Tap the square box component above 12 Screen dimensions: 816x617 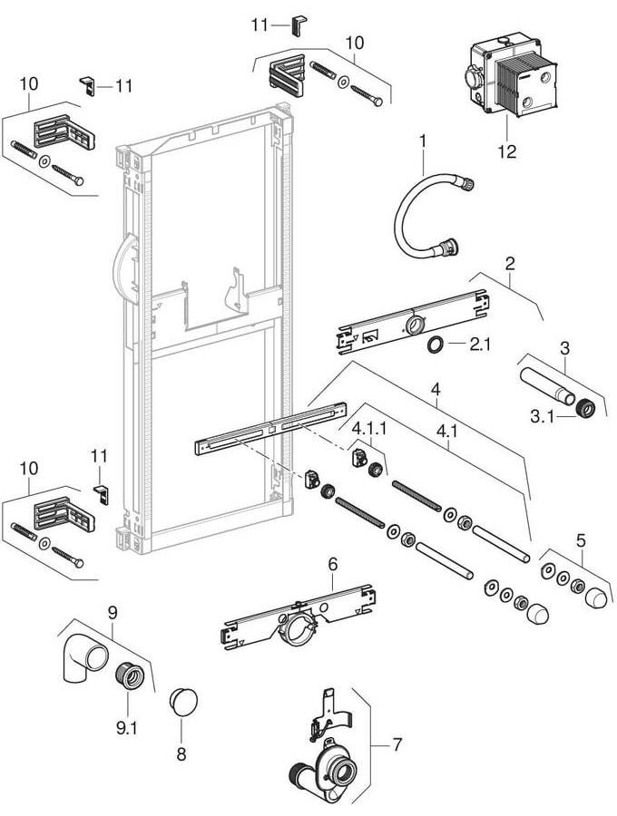[x=512, y=81]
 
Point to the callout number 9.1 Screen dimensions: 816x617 [x=126, y=725]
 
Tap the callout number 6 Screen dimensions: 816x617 [x=332, y=564]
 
